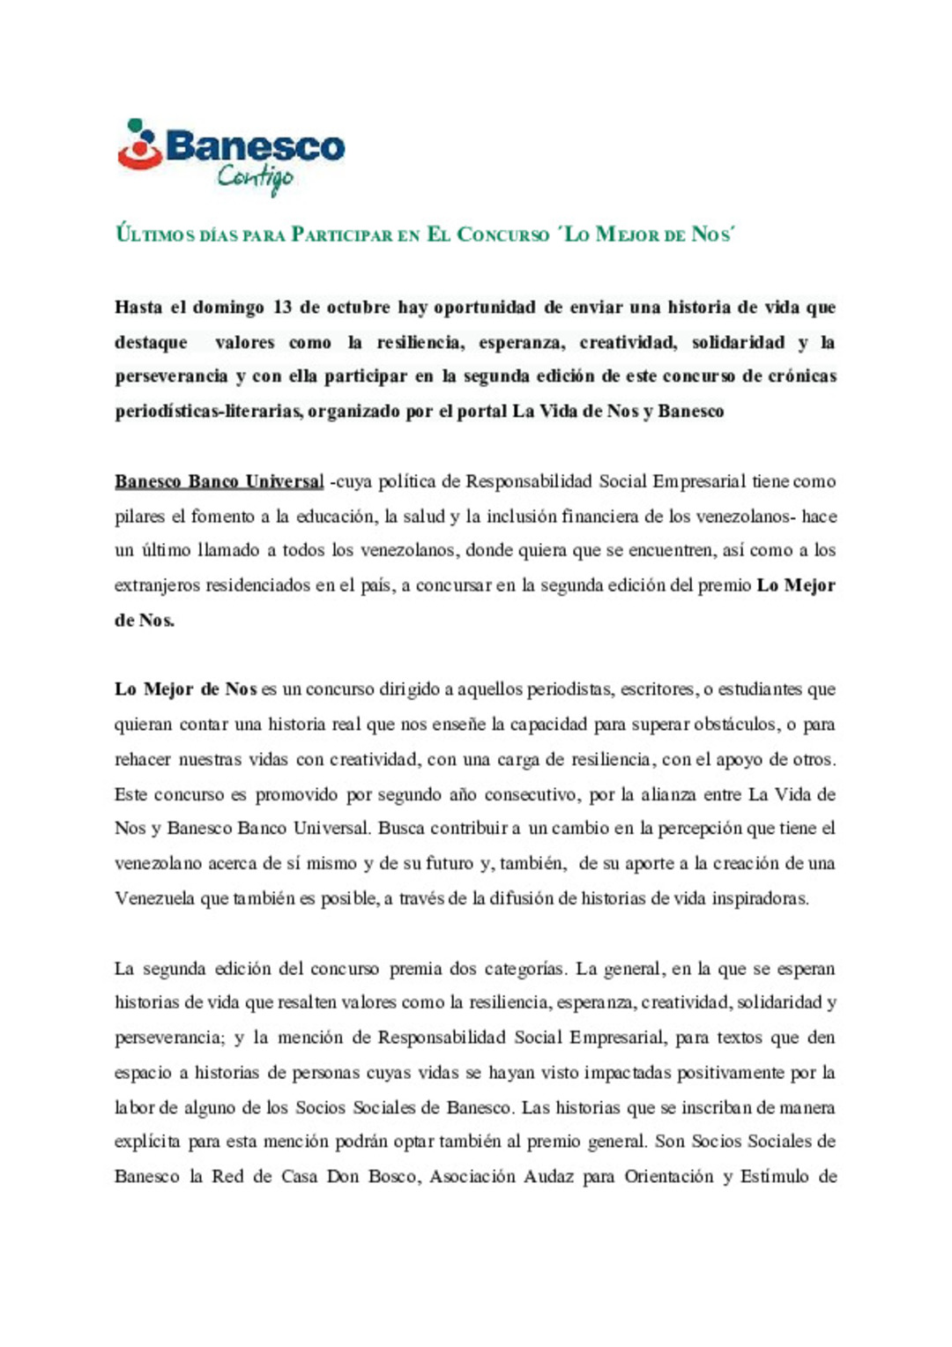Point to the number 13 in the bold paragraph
tap(282, 308)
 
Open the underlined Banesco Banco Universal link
tap(219, 481)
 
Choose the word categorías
tap(525, 969)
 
